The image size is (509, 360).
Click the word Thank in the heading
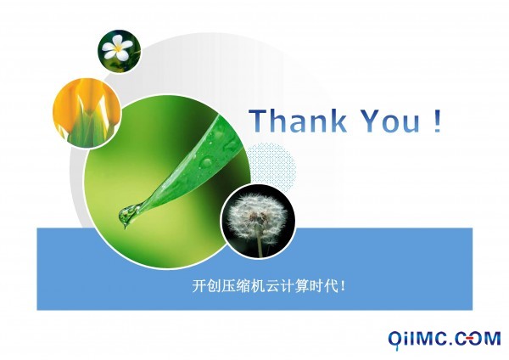(x=298, y=121)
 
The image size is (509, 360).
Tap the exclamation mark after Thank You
(x=437, y=121)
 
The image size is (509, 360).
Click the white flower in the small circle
(x=117, y=48)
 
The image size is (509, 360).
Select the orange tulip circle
(x=87, y=112)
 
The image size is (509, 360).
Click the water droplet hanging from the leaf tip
(x=127, y=215)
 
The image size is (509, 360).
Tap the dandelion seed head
(x=257, y=217)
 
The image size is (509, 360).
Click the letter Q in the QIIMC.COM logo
(x=395, y=340)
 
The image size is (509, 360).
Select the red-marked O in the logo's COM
(x=474, y=338)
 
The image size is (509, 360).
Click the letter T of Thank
(x=259, y=121)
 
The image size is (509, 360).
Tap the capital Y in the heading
(x=372, y=121)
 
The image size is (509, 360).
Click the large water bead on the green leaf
(x=207, y=161)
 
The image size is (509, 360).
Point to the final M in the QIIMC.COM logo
(x=492, y=338)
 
